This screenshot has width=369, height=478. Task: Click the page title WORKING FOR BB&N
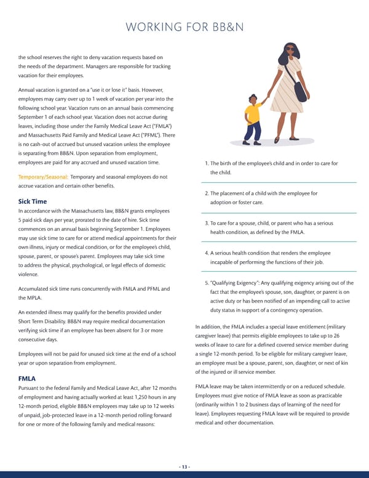click(184, 27)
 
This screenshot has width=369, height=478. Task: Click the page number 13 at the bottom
click(184, 466)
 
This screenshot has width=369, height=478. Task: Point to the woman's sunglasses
click(290, 50)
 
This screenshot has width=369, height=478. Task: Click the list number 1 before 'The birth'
click(206, 163)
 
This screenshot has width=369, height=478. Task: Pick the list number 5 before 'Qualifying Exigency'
click(207, 283)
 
